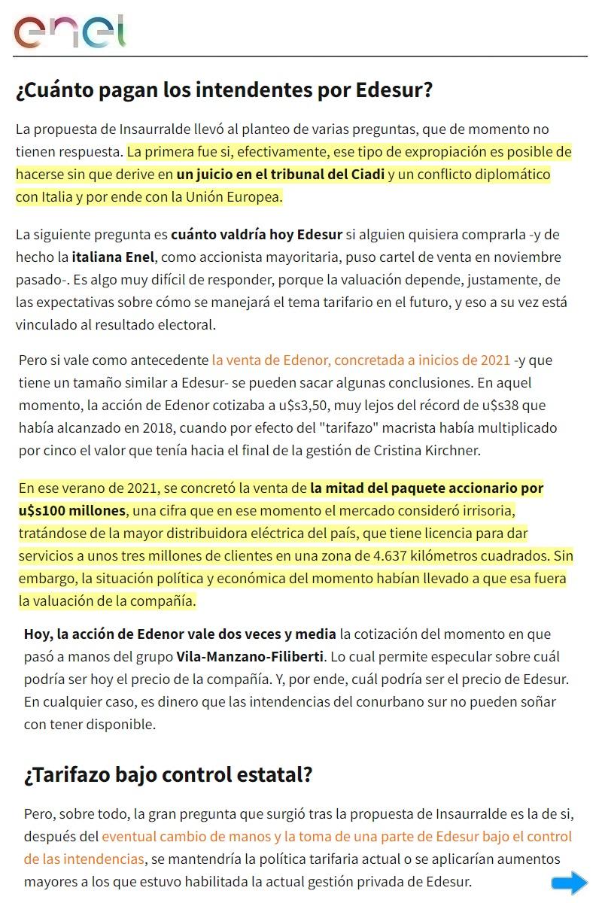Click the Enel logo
69,32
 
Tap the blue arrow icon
569,883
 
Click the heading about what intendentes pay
224,91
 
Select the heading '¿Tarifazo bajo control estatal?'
168,774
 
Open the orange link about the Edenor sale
361,360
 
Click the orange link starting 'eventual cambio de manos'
336,836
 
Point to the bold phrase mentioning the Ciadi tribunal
280,175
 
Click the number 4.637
383,556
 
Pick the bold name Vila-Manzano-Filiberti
250,656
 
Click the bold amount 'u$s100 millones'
72,511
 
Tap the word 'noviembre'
524,257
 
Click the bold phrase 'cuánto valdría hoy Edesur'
257,235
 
